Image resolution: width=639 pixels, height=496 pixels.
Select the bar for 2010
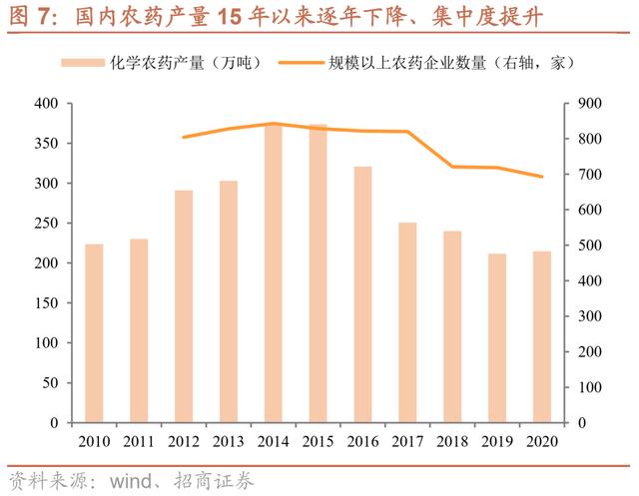tap(94, 333)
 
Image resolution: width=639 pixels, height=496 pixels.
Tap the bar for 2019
tap(497, 338)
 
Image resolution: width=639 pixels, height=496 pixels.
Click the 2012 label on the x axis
tap(184, 440)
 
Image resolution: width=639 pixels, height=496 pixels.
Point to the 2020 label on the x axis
tap(542, 440)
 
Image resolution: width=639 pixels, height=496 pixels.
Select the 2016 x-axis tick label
tap(362, 440)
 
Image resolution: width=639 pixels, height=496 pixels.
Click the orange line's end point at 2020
tap(542, 177)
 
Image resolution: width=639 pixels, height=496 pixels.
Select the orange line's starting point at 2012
tap(184, 137)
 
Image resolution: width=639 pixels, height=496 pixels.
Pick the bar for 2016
tap(362, 294)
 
